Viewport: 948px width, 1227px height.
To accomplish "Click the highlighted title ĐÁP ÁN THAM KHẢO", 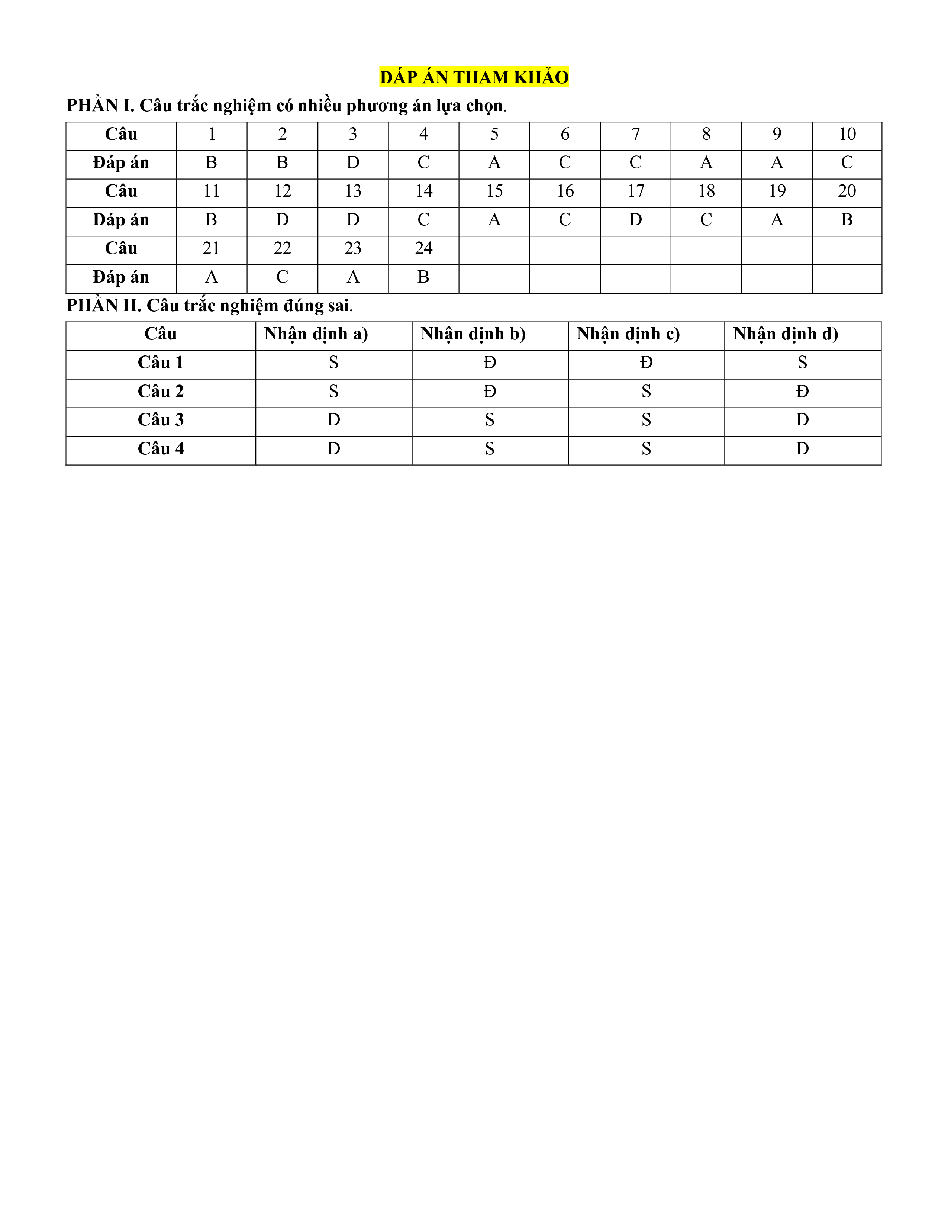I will coord(474,77).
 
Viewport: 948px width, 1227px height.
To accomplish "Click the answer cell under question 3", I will coord(353,163).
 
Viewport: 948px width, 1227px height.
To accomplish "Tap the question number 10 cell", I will coord(847,134).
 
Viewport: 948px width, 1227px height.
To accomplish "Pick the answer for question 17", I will coord(635,220).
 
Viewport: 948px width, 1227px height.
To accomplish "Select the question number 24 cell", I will coord(423,248).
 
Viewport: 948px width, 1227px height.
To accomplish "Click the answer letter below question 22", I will coord(282,277).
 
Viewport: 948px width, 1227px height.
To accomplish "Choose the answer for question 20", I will coord(847,220).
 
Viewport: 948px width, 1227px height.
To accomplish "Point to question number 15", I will coord(494,191).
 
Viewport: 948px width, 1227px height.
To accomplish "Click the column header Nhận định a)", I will coord(316,334).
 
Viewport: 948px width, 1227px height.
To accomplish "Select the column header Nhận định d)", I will coord(786,334).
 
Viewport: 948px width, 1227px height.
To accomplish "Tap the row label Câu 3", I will coord(161,420).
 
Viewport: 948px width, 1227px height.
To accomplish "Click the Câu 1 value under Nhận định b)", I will coord(490,363).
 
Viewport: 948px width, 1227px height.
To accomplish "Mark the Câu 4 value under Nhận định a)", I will coord(333,449).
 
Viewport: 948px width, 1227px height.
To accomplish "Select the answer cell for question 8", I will coord(706,163).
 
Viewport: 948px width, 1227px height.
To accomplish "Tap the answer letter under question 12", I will coord(282,220).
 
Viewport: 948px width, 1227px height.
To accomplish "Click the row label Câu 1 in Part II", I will coord(161,363).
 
